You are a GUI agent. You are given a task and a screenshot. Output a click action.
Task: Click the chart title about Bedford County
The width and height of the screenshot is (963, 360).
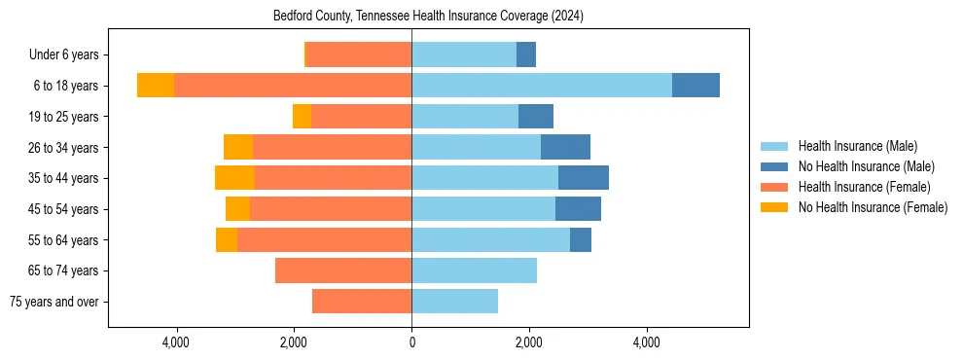tap(428, 16)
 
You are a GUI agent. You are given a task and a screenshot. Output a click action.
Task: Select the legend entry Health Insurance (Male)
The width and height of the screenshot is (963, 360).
tap(856, 146)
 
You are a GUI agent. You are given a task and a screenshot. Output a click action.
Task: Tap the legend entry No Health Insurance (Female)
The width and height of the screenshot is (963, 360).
tap(873, 207)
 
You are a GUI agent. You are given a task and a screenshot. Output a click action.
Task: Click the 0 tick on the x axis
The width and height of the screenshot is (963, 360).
tap(411, 342)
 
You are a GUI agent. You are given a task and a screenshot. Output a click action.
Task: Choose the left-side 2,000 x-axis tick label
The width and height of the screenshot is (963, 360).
tap(294, 342)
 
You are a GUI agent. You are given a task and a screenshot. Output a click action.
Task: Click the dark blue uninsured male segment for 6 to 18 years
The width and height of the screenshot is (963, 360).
tap(695, 86)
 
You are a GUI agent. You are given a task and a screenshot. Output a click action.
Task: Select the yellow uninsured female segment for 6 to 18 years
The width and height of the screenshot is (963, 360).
tap(156, 86)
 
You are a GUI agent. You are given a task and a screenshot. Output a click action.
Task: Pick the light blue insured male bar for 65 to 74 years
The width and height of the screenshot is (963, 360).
tap(474, 270)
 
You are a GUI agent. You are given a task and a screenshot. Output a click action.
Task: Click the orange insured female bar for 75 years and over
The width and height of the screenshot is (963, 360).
tap(362, 302)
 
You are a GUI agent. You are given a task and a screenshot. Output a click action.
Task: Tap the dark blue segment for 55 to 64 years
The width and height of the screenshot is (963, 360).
tap(581, 239)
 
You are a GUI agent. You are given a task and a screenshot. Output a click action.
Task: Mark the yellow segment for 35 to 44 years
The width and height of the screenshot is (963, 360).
tap(234, 178)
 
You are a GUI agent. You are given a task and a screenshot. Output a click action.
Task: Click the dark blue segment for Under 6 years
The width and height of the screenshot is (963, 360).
tap(526, 55)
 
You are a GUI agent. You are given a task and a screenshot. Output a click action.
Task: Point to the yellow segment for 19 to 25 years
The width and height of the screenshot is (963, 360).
tap(302, 117)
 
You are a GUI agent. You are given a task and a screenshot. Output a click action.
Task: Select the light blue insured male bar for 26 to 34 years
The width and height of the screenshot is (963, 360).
tap(476, 147)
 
